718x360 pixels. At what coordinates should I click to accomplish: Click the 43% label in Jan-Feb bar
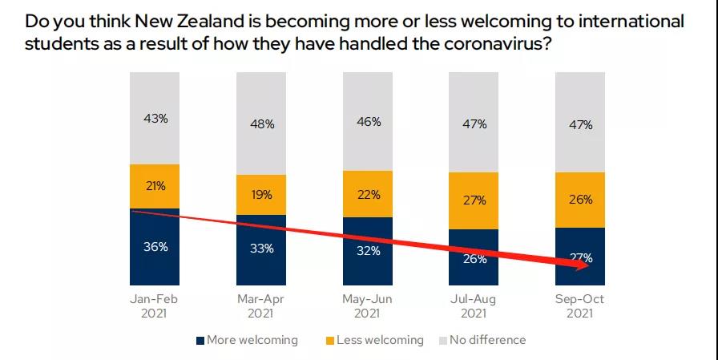[x=155, y=118]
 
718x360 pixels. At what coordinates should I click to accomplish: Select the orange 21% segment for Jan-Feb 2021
[x=155, y=186]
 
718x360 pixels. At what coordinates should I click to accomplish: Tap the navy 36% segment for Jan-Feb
[x=155, y=247]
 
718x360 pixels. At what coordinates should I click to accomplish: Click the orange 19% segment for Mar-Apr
[x=261, y=194]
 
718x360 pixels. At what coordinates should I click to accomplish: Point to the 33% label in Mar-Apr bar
[x=261, y=249]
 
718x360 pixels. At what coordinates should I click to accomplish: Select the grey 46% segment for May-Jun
[x=368, y=121]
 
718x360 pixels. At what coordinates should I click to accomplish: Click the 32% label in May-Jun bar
[x=368, y=249]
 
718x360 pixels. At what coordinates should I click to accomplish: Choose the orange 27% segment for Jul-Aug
[x=474, y=200]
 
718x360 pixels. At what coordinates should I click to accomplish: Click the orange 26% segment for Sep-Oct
[x=580, y=199]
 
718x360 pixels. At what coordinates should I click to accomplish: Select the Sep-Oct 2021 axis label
[x=580, y=305]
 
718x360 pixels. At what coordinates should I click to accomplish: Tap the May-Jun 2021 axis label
[x=368, y=305]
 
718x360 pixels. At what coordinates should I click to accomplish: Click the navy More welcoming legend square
[x=200, y=340]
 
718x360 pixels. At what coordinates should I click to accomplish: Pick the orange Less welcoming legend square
[x=329, y=340]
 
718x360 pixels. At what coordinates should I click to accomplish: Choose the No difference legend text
[x=487, y=340]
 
